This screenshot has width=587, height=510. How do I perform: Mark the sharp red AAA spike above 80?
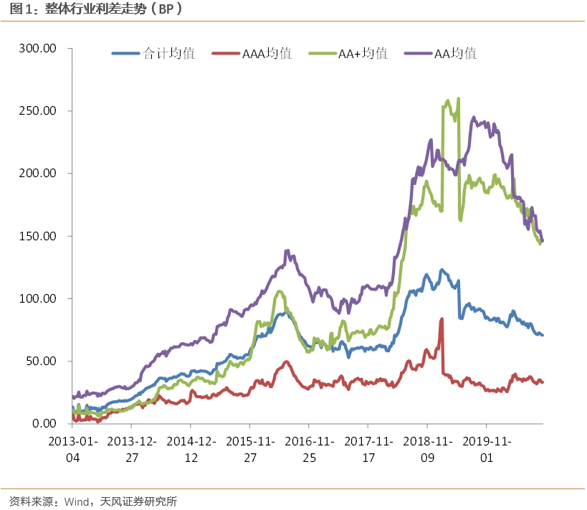click(442, 319)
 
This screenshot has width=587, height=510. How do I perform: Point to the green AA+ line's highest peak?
click(458, 99)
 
